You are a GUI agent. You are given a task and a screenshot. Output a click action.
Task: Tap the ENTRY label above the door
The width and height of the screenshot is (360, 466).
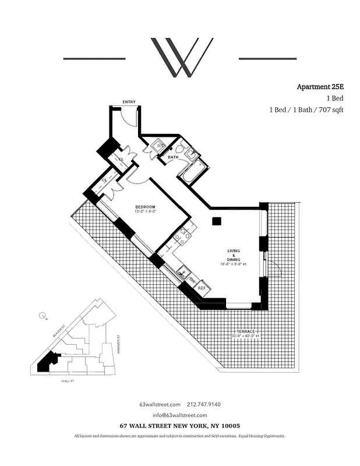129,102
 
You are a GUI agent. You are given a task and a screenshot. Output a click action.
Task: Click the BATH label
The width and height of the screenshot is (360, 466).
173,157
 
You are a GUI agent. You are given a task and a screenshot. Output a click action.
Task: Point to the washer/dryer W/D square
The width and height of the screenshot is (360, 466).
160,146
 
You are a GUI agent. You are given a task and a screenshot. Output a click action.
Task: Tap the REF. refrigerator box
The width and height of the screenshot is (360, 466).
202,288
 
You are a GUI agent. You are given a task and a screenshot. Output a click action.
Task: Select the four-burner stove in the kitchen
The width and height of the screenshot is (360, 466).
182,235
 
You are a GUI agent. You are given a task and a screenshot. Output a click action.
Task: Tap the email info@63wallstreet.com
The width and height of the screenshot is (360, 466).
180,415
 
